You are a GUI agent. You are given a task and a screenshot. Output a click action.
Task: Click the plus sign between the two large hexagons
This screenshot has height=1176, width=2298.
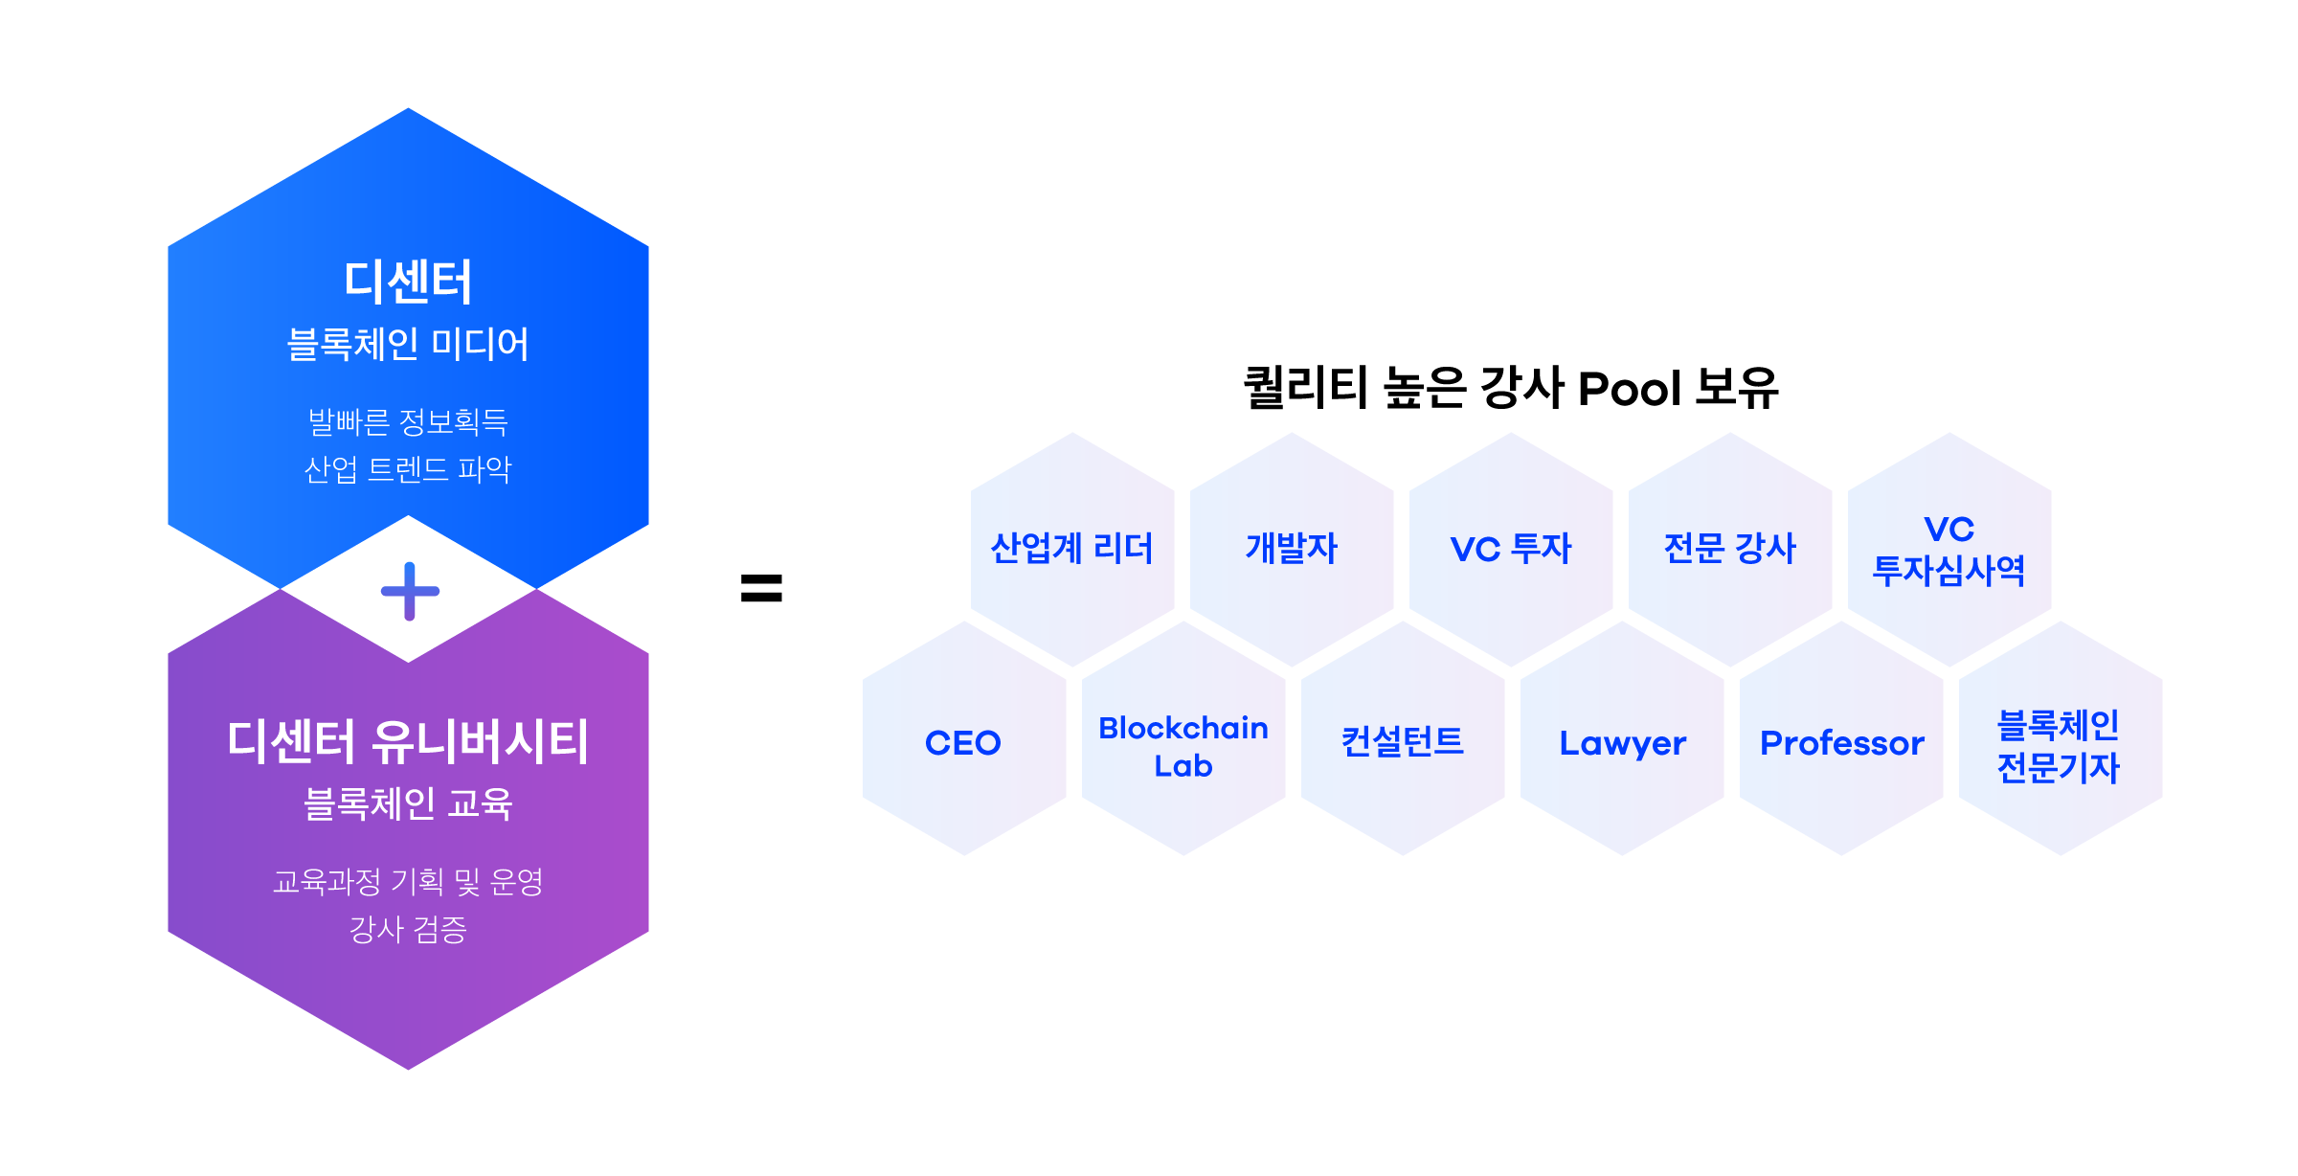[410, 591]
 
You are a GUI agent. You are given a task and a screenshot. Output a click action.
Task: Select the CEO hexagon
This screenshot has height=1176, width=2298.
[963, 739]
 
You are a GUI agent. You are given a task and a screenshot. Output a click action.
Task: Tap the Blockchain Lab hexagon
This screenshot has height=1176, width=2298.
[1183, 739]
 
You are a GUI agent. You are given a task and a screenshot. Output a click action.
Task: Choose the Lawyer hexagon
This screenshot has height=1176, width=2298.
[1622, 739]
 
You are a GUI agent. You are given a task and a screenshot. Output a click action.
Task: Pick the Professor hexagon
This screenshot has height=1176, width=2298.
[1841, 739]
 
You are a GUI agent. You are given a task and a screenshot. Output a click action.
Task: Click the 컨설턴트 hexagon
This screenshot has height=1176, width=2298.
[1403, 739]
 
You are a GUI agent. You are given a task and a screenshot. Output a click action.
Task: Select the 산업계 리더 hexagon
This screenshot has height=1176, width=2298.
[1072, 549]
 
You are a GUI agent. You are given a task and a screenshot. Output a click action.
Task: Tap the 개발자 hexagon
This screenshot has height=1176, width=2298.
[1292, 549]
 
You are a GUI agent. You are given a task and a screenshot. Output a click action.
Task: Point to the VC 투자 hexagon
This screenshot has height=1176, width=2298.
[1511, 549]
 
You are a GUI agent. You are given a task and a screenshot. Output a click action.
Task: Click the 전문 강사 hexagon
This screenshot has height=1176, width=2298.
[1730, 549]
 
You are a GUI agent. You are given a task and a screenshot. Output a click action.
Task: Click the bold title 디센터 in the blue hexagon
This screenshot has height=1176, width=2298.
[408, 283]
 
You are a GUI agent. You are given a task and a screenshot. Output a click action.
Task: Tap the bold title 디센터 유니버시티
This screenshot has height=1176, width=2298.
[408, 742]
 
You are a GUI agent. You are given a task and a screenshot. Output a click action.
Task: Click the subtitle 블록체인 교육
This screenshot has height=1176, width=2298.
[408, 803]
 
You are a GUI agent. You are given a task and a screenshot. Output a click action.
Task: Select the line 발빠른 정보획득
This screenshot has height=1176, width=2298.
[408, 421]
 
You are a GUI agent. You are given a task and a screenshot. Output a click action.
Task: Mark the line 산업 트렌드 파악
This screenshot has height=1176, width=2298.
[408, 469]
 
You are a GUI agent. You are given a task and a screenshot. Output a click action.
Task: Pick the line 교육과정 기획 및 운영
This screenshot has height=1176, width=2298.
[408, 881]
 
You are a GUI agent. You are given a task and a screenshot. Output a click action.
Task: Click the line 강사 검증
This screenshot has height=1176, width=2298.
[408, 929]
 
